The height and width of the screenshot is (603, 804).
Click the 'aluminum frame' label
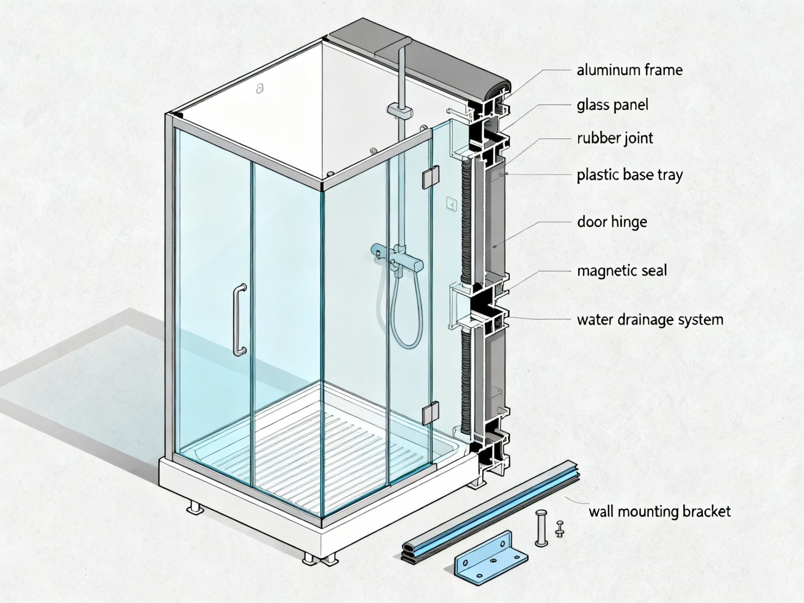pos(629,70)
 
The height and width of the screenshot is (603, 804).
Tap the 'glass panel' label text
pos(612,105)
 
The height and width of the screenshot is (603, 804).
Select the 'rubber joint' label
pos(615,138)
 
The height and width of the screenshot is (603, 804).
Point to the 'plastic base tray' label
pos(629,175)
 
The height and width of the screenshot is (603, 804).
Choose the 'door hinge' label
pos(612,222)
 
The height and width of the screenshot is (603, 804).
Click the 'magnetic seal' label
pos(622,271)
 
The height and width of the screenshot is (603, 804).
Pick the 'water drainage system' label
pos(650,320)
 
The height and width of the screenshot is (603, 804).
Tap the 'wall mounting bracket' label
pos(660,511)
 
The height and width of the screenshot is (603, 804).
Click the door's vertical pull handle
pos(239,320)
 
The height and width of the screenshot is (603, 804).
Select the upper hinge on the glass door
pos(430,177)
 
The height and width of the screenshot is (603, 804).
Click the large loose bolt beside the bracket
pos(541,528)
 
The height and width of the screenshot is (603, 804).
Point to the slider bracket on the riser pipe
pos(399,111)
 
